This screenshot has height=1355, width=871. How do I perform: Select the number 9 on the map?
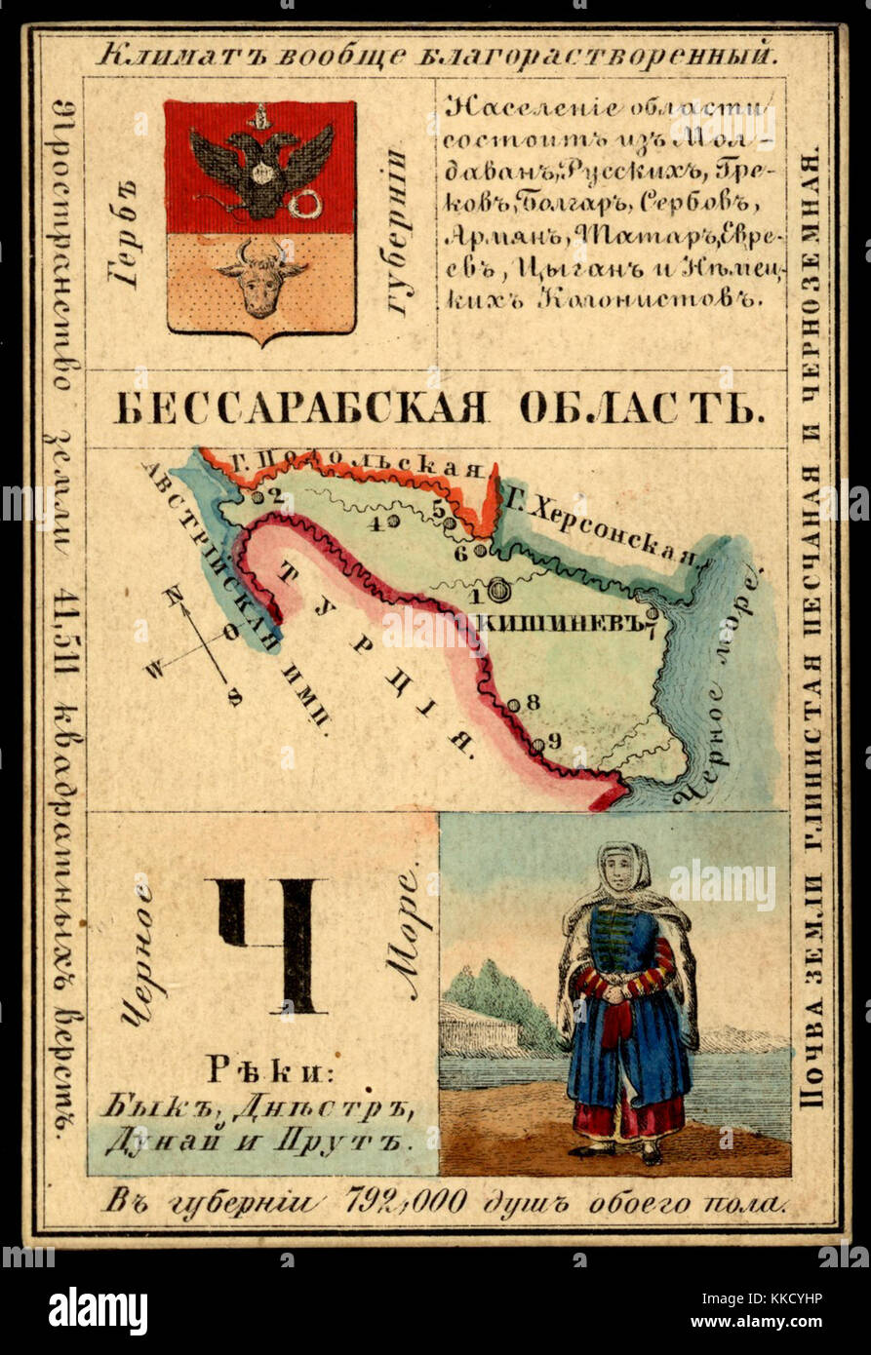pos(554,741)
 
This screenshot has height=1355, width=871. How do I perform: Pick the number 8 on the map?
pos(533,701)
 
